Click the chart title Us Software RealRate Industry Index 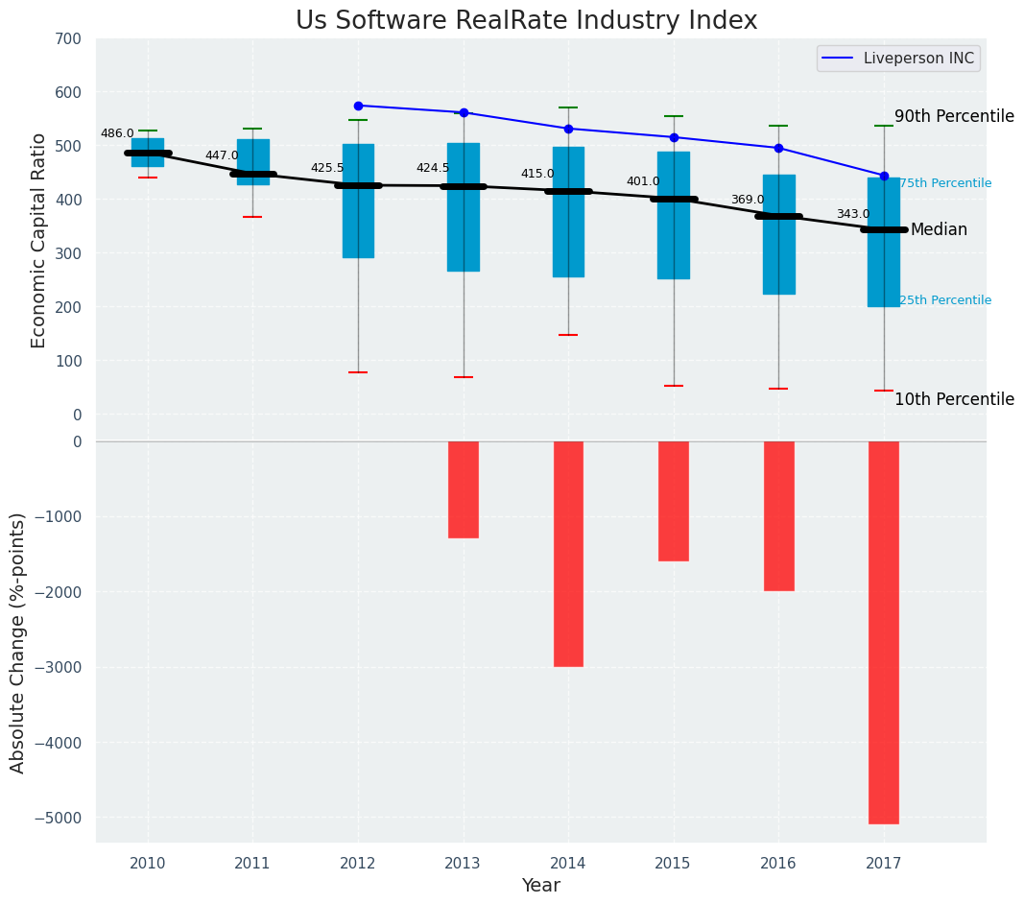[x=526, y=21]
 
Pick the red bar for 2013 [x=464, y=489]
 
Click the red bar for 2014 [x=568, y=554]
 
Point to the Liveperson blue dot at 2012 [x=358, y=106]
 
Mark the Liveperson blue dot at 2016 [x=778, y=148]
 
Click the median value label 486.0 [x=117, y=133]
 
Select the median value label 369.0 [x=748, y=200]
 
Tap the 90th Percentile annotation [x=954, y=116]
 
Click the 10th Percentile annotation [x=954, y=399]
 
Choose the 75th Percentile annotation [x=945, y=183]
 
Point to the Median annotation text [x=939, y=230]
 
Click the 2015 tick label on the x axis [x=673, y=864]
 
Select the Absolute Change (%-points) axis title [x=17, y=641]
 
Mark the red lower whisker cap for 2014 [x=568, y=335]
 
